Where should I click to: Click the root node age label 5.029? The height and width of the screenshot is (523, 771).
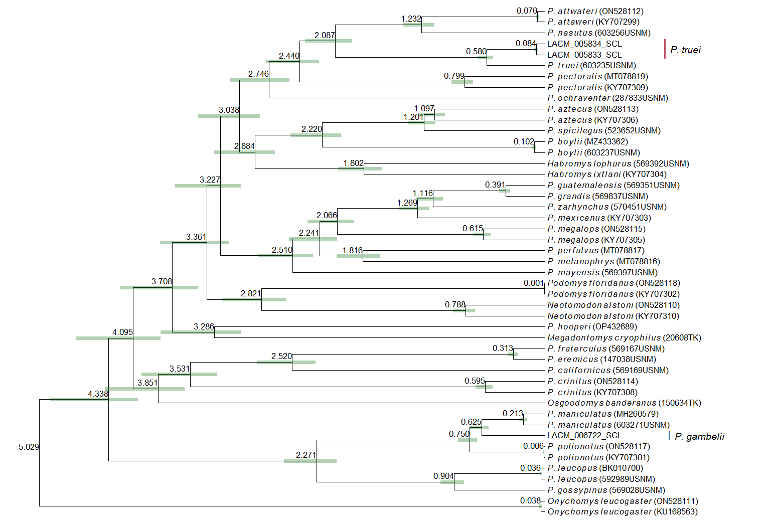pos(29,447)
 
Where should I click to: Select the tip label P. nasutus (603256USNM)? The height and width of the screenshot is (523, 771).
pos(599,33)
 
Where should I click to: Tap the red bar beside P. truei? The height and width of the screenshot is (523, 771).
pos(665,49)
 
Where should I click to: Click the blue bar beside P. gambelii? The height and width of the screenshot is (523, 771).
pos(669,436)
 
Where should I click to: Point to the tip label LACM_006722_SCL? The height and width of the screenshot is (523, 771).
pos(584,436)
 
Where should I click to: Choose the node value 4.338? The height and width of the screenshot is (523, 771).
pos(98,394)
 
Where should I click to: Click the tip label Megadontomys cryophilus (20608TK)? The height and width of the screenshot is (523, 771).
pos(624,338)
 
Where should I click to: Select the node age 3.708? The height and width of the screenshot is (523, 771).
pos(162,281)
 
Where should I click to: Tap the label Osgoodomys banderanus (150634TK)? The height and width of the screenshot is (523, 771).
pos(624,403)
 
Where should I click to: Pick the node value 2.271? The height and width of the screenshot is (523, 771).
pos(306,455)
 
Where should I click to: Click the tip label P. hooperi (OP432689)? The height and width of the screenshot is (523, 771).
pos(592,327)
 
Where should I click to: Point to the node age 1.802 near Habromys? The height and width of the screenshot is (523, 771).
pos(354,163)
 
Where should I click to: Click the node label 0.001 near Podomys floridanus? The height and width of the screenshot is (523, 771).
pos(534,283)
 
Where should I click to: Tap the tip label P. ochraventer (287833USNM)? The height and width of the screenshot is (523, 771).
pos(607,98)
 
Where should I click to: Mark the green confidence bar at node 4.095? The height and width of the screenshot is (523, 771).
pos(118,338)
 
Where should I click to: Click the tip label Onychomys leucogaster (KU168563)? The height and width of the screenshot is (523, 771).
pos(623,512)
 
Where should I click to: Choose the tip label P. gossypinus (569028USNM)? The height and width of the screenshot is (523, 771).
pos(606,490)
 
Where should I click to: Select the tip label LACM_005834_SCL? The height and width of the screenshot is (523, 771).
pos(584,44)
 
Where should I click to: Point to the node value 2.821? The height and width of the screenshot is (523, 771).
pos(251,293)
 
